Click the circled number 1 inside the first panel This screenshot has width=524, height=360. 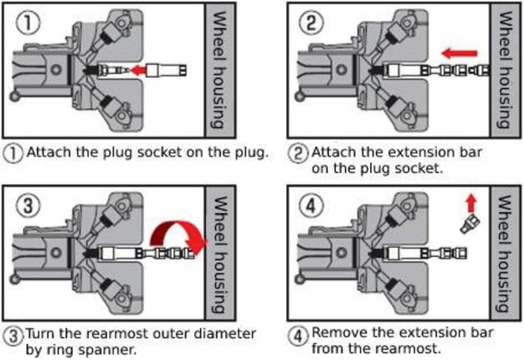(28, 23)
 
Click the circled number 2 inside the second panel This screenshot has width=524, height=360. (310, 23)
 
